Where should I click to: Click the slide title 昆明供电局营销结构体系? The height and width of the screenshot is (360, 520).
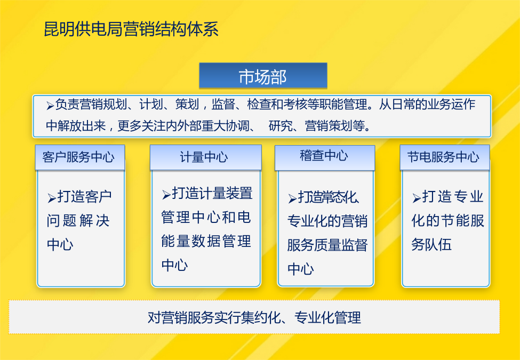pyautogui.click(x=131, y=29)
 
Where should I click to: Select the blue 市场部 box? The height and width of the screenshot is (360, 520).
pyautogui.click(x=263, y=76)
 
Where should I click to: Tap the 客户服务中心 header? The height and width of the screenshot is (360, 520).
pyautogui.click(x=80, y=157)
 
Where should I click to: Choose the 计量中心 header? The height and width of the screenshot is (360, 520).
pyautogui.click(x=206, y=157)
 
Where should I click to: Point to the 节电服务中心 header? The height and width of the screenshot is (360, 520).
pyautogui.click(x=445, y=157)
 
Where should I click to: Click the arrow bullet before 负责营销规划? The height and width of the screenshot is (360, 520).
pyautogui.click(x=50, y=106)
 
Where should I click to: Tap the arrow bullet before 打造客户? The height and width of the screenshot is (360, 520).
pyautogui.click(x=52, y=198)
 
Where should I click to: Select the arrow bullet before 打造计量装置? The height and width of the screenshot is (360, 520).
pyautogui.click(x=166, y=195)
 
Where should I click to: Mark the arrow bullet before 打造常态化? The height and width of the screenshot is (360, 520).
pyautogui.click(x=292, y=198)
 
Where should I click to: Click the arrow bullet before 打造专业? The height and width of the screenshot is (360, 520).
pyautogui.click(x=417, y=198)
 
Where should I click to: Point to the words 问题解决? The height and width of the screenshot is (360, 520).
pyautogui.click(x=78, y=221)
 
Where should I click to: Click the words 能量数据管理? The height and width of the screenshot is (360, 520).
pyautogui.click(x=206, y=241)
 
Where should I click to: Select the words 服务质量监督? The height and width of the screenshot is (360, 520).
pyautogui.click(x=327, y=245)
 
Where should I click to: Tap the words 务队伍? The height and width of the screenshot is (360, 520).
pyautogui.click(x=431, y=245)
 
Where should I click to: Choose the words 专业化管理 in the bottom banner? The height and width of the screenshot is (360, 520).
pyautogui.click(x=327, y=317)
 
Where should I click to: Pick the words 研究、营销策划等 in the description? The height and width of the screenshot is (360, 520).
pyautogui.click(x=319, y=126)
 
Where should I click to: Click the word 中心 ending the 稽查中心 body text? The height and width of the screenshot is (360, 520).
pyautogui.click(x=300, y=269)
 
